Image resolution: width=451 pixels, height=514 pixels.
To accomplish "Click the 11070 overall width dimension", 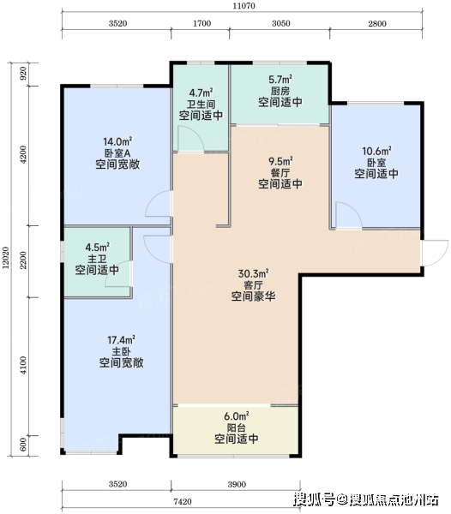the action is (244, 6).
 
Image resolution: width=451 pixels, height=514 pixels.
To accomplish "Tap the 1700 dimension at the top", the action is (201, 24).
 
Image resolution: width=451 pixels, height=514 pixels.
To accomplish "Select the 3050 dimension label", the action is (281, 24).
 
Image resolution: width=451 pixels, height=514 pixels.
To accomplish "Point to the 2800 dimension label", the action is (377, 24).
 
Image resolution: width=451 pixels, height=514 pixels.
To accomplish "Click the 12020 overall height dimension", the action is (6, 258).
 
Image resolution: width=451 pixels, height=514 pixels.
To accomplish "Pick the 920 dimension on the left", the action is (23, 75).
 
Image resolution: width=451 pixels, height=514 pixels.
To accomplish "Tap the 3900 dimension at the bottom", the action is (237, 485).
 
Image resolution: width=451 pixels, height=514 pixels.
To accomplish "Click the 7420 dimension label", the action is (183, 502).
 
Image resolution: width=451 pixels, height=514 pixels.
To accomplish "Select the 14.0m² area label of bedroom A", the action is (117, 142).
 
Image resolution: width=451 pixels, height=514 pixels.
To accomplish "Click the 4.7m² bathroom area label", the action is (201, 93).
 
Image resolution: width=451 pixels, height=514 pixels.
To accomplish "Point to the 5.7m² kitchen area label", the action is (280, 80).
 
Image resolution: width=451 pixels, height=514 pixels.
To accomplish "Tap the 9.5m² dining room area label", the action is (280, 162).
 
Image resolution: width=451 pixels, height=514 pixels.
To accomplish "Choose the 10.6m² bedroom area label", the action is (376, 152).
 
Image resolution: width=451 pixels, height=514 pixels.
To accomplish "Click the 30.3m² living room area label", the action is (253, 274).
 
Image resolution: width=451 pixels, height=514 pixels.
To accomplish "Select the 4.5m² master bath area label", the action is (98, 248).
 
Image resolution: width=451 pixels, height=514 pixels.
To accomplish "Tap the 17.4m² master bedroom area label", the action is (122, 340).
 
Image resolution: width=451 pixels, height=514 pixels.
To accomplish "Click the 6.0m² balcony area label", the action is (237, 416).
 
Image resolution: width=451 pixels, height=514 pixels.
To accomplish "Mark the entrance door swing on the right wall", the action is (436, 253).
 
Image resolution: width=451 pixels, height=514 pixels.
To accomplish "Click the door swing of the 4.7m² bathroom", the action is (191, 139).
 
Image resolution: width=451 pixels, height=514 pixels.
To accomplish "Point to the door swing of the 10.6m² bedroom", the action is (349, 215).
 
